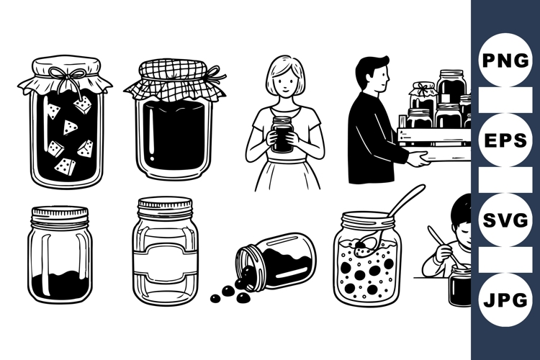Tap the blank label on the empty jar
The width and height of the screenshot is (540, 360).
tap(166, 263)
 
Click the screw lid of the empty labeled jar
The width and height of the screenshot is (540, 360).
tap(166, 207)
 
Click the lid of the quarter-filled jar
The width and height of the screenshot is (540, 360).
tap(60, 214)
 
